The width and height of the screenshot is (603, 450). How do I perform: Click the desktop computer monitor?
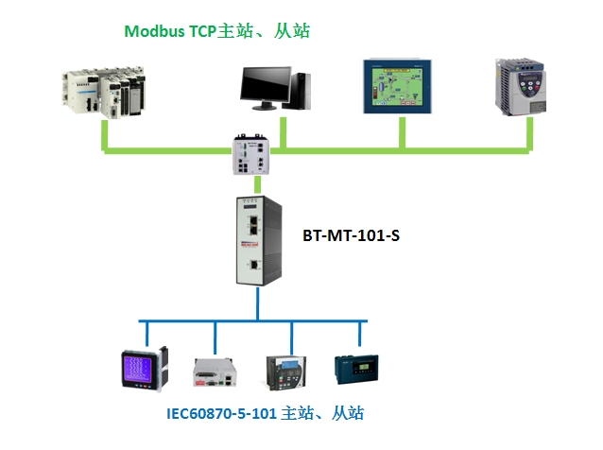[x=265, y=87]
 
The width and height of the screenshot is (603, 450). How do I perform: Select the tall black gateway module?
[x=255, y=240]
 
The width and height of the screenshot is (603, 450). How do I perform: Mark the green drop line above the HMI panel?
[x=402, y=134]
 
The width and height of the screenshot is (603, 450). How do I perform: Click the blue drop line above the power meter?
[x=144, y=333]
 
